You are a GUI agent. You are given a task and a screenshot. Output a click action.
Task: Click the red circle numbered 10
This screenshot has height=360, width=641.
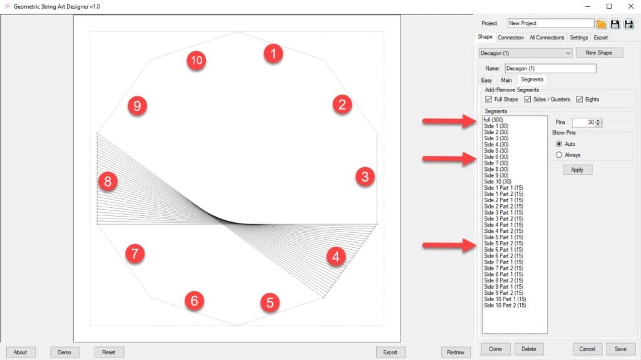196,61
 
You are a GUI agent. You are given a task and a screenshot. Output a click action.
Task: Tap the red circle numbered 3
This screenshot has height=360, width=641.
365,177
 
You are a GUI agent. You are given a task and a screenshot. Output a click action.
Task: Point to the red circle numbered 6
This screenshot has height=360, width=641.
194,301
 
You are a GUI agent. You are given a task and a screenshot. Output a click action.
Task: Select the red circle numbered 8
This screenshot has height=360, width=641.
108,181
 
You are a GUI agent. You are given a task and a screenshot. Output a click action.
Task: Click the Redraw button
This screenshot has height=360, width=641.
456,352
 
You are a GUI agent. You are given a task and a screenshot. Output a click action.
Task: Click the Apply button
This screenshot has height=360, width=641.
577,170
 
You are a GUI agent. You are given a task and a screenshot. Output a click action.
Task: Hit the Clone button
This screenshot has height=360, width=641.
495,349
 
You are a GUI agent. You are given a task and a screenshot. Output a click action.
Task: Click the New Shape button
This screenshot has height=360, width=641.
599,53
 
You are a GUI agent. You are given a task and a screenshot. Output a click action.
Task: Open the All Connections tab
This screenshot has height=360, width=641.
546,37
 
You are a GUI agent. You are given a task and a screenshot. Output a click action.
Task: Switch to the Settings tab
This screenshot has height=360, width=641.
579,37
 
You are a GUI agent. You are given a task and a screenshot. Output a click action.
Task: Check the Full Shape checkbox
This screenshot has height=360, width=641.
488,100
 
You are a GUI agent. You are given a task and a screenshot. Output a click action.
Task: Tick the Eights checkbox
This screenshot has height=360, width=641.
579,100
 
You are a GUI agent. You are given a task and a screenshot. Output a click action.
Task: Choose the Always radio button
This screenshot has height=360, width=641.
559,155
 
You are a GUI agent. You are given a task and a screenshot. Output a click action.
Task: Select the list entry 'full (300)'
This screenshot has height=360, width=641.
493,120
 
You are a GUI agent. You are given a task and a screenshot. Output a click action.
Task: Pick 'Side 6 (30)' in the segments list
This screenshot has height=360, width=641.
496,157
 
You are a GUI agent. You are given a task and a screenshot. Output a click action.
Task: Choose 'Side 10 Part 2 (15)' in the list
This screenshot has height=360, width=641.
505,305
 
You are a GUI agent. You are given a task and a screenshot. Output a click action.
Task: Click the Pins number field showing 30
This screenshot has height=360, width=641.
583,122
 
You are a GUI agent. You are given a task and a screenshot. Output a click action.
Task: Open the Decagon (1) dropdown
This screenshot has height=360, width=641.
525,53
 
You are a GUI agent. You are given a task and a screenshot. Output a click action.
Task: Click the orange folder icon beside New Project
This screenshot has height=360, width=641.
601,24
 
